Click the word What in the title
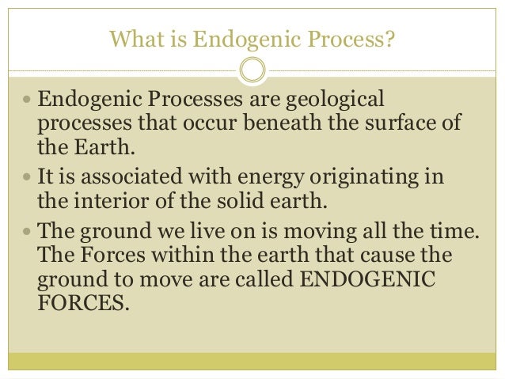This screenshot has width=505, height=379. tap(135, 37)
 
